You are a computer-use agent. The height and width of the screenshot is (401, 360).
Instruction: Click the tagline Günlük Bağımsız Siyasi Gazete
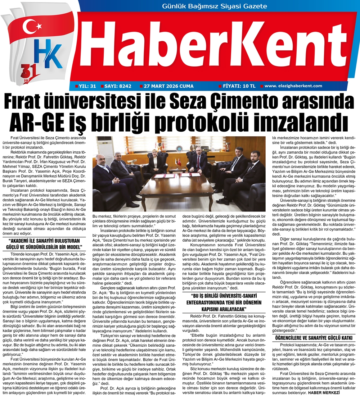point(215,6)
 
